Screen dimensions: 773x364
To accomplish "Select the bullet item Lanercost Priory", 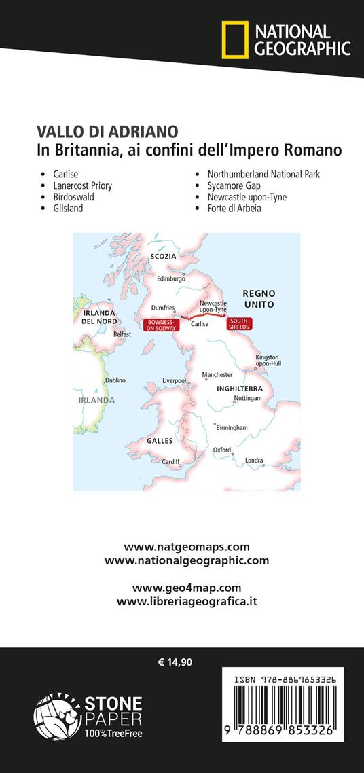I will pyautogui.click(x=83, y=185).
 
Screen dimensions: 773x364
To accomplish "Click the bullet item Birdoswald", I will pyautogui.click(x=74, y=197).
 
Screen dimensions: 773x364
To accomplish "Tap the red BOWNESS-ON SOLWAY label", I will pyautogui.click(x=161, y=325).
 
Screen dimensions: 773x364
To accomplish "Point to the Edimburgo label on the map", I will pyautogui.click(x=171, y=278).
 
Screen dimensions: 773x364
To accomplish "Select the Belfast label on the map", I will pyautogui.click(x=122, y=334).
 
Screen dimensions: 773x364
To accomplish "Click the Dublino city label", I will pyautogui.click(x=115, y=380).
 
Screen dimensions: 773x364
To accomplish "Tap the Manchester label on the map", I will pyautogui.click(x=217, y=375).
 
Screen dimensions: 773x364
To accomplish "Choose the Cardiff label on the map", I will pyautogui.click(x=170, y=461).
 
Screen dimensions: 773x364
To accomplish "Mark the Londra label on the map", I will pyautogui.click(x=254, y=461).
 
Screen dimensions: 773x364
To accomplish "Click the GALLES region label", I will pyautogui.click(x=161, y=441).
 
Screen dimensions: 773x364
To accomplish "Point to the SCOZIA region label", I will pyautogui.click(x=164, y=257).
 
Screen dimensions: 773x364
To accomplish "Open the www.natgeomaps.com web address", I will pyautogui.click(x=187, y=547).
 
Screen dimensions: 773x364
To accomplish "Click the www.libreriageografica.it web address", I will pyautogui.click(x=187, y=601).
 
